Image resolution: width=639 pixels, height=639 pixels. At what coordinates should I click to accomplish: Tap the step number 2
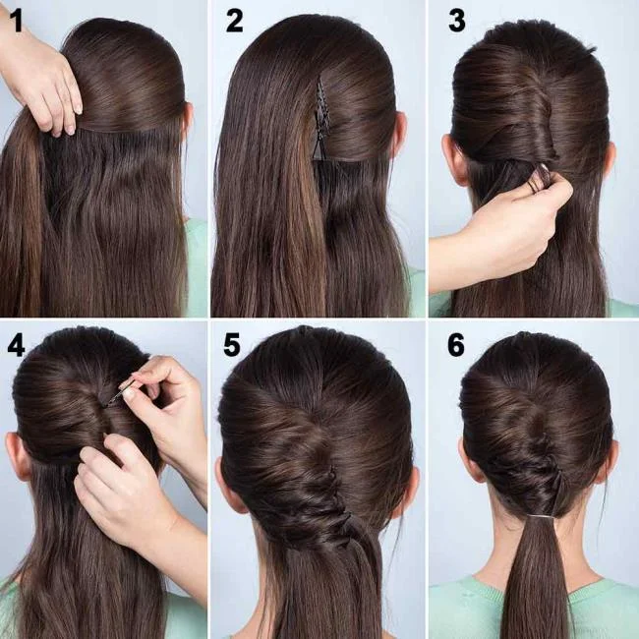pyautogui.click(x=234, y=21)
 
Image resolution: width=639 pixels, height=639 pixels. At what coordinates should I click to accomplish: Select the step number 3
pyautogui.click(x=456, y=21)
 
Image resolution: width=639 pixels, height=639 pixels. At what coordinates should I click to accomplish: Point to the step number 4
pyautogui.click(x=16, y=344)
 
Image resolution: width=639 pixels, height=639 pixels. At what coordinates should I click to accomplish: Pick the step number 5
pyautogui.click(x=232, y=344)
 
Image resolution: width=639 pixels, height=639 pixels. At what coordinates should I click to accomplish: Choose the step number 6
pyautogui.click(x=455, y=344)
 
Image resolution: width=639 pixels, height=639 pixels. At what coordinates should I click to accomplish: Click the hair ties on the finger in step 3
pyautogui.click(x=537, y=180)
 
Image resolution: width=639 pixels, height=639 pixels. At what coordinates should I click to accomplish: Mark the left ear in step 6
pyautogui.click(x=469, y=462)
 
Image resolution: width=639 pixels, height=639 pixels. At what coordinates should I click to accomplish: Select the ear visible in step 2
pyautogui.click(x=399, y=133)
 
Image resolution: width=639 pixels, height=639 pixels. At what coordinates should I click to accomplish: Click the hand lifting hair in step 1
pyautogui.click(x=44, y=79)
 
